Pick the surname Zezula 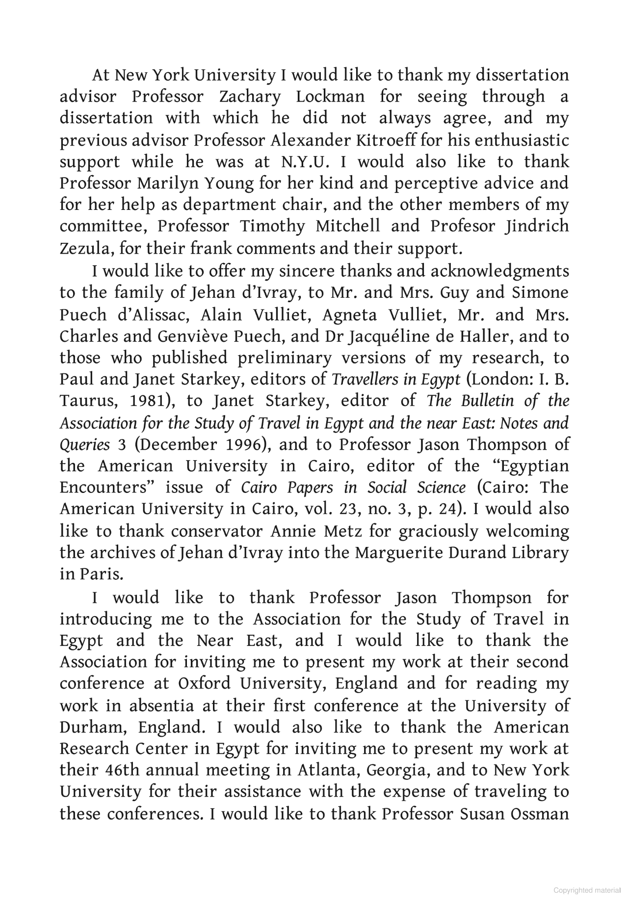point(86,249)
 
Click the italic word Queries point(85,444)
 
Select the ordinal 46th point(122,770)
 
